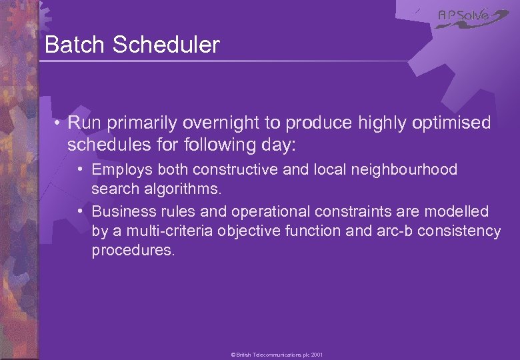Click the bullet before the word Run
pos(59,123)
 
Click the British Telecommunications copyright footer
pos(277,355)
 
